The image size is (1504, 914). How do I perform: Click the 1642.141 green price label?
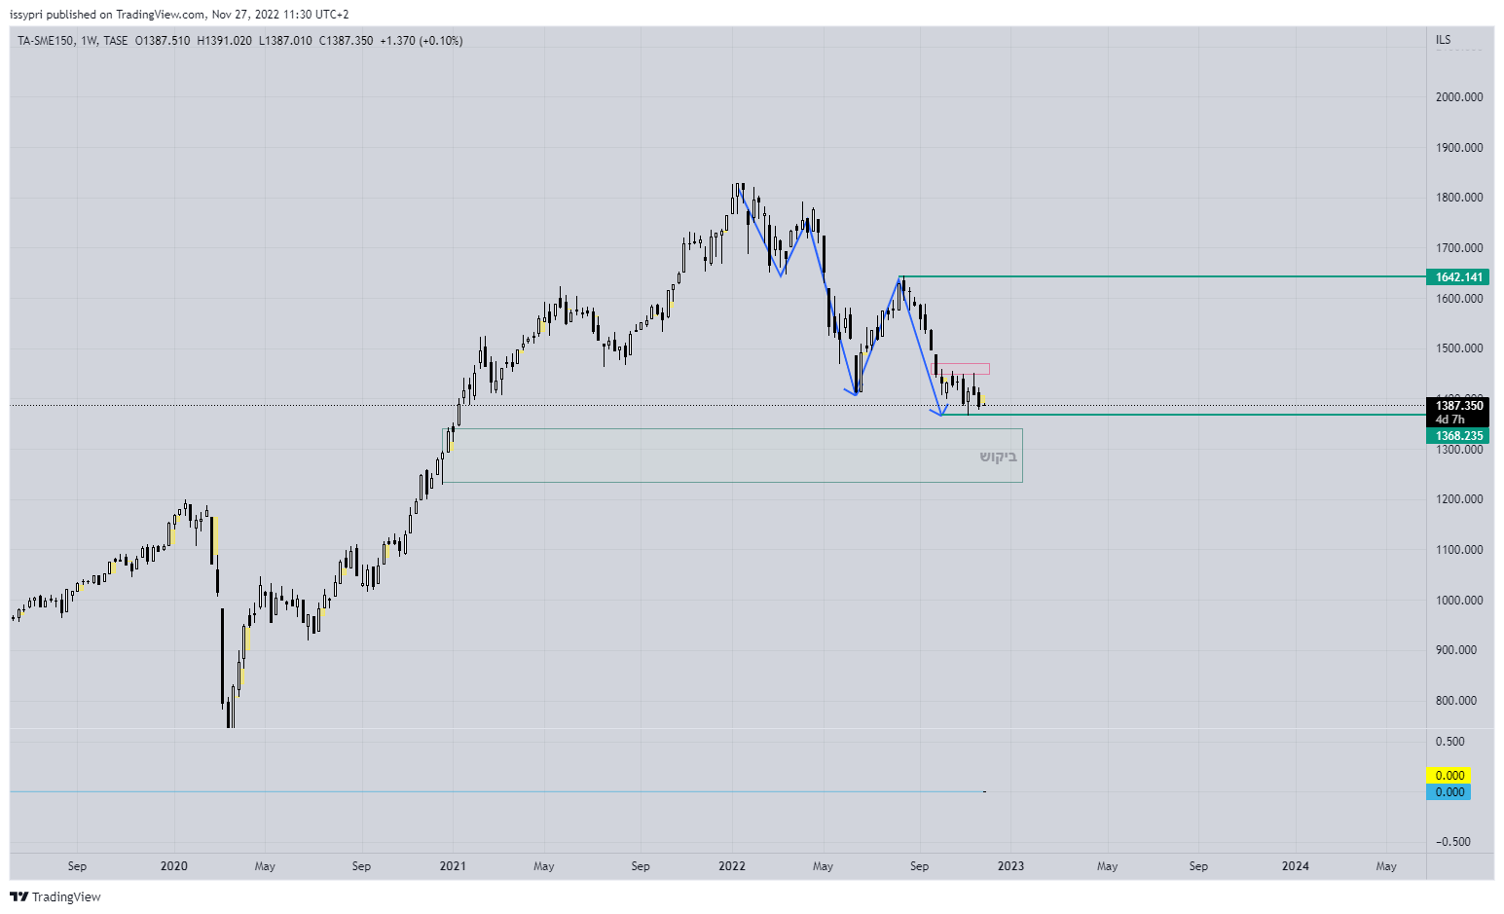[x=1458, y=277]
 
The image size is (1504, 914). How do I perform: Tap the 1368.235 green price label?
[x=1458, y=436]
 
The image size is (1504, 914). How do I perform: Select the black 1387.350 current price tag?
[x=1458, y=406]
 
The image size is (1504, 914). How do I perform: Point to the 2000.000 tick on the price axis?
[x=1458, y=97]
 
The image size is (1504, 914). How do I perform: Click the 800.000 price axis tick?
[x=1458, y=701]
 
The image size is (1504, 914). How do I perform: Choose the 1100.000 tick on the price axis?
[x=1458, y=550]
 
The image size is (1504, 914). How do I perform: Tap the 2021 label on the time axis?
[x=453, y=866]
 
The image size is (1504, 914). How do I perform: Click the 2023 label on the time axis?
[x=1010, y=866]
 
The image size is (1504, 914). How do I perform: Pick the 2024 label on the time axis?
[x=1295, y=866]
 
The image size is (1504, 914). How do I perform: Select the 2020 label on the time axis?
[x=173, y=866]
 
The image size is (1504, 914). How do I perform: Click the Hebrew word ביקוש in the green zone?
[x=998, y=457]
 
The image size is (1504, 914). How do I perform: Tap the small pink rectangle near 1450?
[x=962, y=369]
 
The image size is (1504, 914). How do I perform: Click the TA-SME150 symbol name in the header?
[x=45, y=41]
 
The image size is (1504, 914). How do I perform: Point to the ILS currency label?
[x=1443, y=40]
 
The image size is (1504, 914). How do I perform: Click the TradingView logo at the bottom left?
[x=55, y=896]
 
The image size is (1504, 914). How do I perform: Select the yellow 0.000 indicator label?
[x=1449, y=776]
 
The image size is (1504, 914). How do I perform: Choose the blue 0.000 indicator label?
[x=1449, y=792]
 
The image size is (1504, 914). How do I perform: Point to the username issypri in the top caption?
[x=26, y=15]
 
